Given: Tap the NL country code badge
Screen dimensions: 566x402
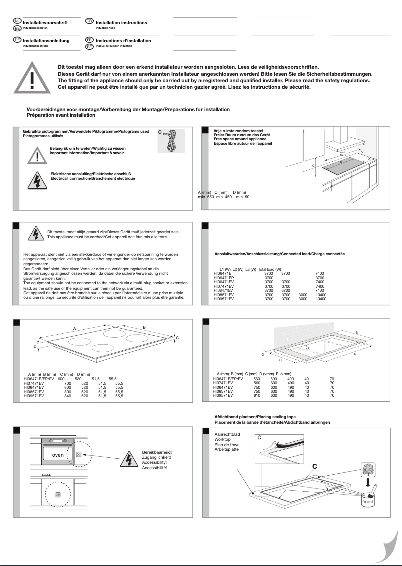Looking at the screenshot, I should pyautogui.click(x=17, y=21).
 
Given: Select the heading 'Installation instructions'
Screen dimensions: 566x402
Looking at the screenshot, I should pyautogui.click(x=121, y=23).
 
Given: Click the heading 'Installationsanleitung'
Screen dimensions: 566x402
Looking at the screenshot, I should pyautogui.click(x=46, y=41).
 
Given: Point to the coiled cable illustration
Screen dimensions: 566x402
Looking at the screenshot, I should pyautogui.click(x=171, y=141).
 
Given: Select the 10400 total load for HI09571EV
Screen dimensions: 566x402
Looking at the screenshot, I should pyautogui.click(x=321, y=298).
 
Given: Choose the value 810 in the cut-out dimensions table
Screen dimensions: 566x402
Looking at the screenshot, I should pyautogui.click(x=257, y=395).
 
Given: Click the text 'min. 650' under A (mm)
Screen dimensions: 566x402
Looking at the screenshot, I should pyautogui.click(x=206, y=197).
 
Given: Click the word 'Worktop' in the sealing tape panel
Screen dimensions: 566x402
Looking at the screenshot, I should pyautogui.click(x=223, y=440).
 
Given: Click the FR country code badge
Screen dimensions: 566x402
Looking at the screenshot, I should pyautogui.click(x=89, y=39).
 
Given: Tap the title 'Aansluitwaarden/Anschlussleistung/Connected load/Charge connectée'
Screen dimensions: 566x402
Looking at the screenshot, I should pyautogui.click(x=279, y=254).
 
